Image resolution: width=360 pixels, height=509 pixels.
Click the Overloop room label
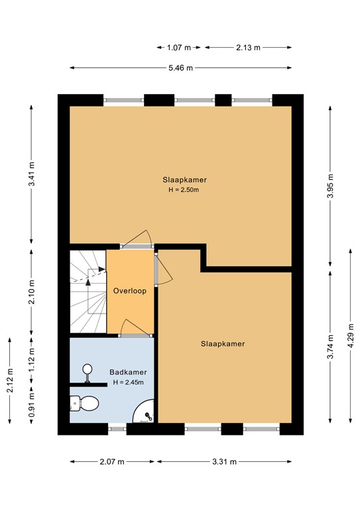click(x=129, y=291)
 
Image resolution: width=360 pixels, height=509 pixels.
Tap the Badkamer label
click(x=128, y=372)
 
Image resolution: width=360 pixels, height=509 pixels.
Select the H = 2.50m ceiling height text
click(x=184, y=190)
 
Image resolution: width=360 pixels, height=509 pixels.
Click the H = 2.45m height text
click(x=128, y=382)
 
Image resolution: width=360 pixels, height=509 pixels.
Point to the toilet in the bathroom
click(x=84, y=403)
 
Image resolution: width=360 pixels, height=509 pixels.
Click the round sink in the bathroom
click(x=88, y=372)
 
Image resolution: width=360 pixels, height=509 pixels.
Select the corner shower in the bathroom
click(x=143, y=411)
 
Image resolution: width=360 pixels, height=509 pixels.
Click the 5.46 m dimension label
click(x=181, y=68)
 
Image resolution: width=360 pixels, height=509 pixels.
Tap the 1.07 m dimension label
click(x=179, y=48)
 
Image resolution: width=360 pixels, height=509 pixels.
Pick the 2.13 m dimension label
click(x=248, y=48)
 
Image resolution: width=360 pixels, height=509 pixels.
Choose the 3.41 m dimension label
click(x=31, y=174)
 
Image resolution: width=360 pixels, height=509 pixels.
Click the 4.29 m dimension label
click(x=350, y=335)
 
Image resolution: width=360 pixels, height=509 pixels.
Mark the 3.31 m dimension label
click(x=225, y=461)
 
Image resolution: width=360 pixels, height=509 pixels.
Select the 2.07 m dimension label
click(x=112, y=461)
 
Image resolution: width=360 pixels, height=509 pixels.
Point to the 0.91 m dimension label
click(x=31, y=406)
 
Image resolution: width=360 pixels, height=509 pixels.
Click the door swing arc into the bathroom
click(x=133, y=325)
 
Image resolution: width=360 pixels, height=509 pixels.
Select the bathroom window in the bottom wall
click(x=117, y=429)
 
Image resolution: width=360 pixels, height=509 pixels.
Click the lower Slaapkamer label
click(x=223, y=344)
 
